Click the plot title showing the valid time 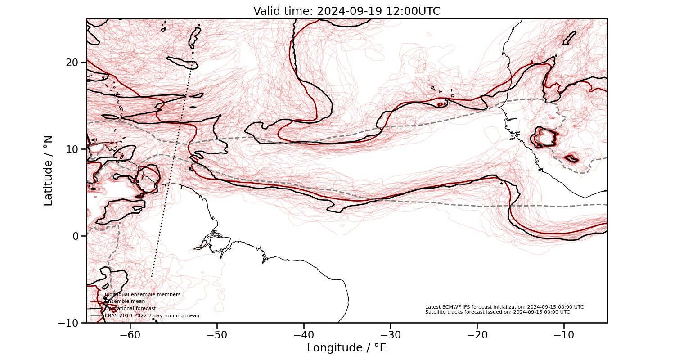point(346,11)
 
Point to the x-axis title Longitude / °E point(346,348)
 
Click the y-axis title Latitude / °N point(48,171)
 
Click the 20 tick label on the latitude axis point(73,62)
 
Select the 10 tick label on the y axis point(73,149)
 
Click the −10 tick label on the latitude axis point(69,323)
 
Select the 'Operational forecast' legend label point(130,309)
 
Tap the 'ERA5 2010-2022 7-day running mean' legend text point(152,316)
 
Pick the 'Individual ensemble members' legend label point(143,295)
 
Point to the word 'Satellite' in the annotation point(435,312)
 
